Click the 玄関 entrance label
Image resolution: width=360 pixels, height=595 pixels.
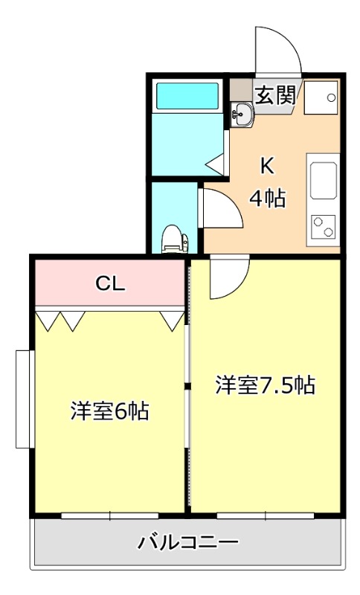tap(275, 95)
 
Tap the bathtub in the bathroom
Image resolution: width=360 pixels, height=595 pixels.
tap(187, 96)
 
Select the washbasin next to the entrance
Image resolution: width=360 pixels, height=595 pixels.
tap(242, 115)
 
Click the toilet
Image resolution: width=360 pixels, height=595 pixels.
tap(175, 239)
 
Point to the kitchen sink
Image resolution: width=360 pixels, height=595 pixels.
tap(324, 181)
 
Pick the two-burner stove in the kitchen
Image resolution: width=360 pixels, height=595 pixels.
tap(324, 227)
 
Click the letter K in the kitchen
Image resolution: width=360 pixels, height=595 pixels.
tap(267, 166)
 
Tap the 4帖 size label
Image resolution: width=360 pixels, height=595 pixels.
tap(268, 198)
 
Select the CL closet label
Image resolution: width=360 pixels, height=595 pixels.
tap(110, 283)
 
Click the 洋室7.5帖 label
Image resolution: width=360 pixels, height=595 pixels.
tap(266, 385)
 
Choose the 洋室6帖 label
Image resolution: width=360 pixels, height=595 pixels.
tap(109, 411)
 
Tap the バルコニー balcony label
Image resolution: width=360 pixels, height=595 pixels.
tap(187, 543)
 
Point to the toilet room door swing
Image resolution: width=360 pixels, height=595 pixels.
tap(232, 201)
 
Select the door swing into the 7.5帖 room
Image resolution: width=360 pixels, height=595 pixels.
tap(240, 286)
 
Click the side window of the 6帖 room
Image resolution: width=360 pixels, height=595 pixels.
tap(25, 399)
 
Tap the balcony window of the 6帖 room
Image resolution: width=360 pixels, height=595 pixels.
tap(110, 515)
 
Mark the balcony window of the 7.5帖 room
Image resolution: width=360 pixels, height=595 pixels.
tap(266, 515)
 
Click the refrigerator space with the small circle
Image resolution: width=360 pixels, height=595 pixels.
tap(321, 97)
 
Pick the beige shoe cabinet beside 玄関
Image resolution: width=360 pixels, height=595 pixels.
tap(241, 90)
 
